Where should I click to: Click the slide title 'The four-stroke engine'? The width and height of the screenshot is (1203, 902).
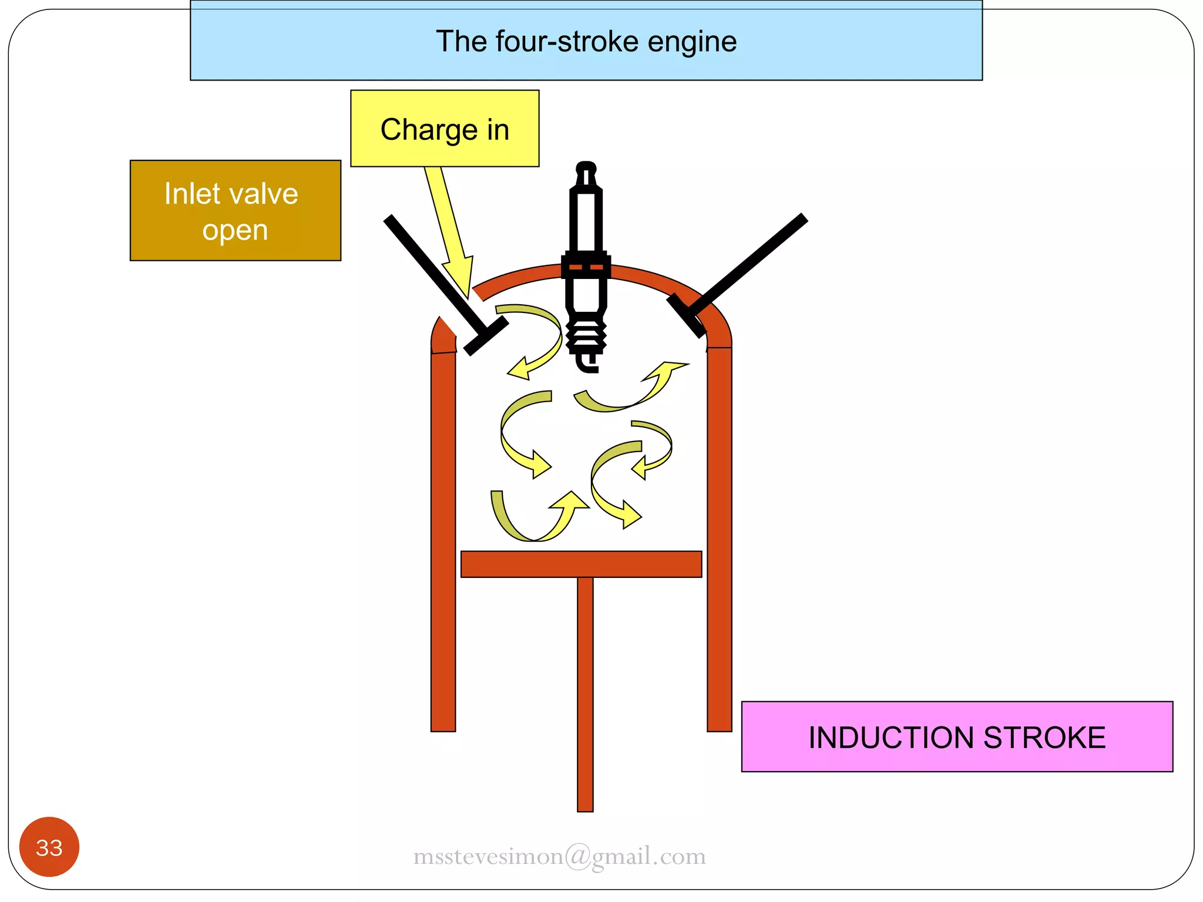(586, 41)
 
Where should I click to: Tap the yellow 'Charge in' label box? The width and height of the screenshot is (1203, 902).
(445, 129)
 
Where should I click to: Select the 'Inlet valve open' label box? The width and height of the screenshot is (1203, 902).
(235, 210)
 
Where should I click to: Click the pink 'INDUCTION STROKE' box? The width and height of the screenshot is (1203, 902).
(956, 736)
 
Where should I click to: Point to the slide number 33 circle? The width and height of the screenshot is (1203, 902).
(49, 847)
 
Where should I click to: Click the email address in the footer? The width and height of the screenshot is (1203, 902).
(559, 856)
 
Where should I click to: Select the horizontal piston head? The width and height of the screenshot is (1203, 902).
(581, 564)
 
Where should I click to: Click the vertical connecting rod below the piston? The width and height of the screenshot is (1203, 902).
(585, 693)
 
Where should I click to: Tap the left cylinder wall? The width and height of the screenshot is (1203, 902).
(443, 540)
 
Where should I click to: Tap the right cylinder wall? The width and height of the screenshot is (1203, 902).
(720, 540)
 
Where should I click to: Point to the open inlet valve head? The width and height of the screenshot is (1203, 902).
(486, 336)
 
